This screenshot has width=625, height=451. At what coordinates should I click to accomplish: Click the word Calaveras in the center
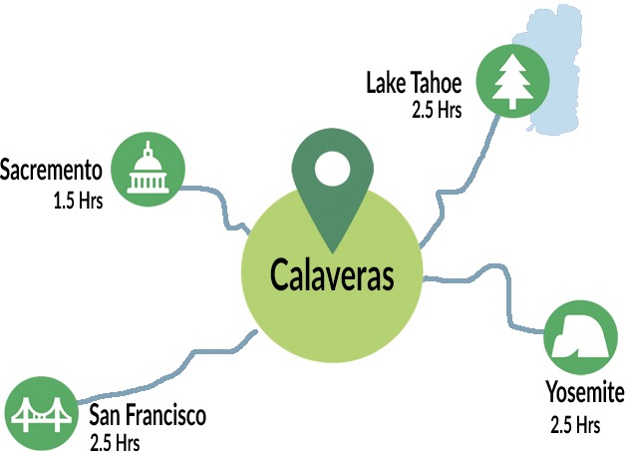332,275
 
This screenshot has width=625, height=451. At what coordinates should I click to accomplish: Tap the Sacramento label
52,168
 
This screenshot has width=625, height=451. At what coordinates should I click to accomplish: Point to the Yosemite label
584,392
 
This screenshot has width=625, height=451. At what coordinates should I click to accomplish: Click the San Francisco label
147,415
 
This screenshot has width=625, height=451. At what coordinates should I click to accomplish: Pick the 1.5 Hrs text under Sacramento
79,198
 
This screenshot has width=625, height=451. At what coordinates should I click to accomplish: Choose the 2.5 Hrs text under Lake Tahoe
436,110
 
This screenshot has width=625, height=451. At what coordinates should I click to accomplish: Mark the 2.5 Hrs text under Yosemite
575,425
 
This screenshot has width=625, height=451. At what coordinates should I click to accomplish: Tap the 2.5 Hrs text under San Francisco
115,441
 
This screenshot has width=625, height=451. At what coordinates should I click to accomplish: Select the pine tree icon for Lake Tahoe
511,79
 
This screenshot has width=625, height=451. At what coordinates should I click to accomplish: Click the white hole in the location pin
330,172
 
